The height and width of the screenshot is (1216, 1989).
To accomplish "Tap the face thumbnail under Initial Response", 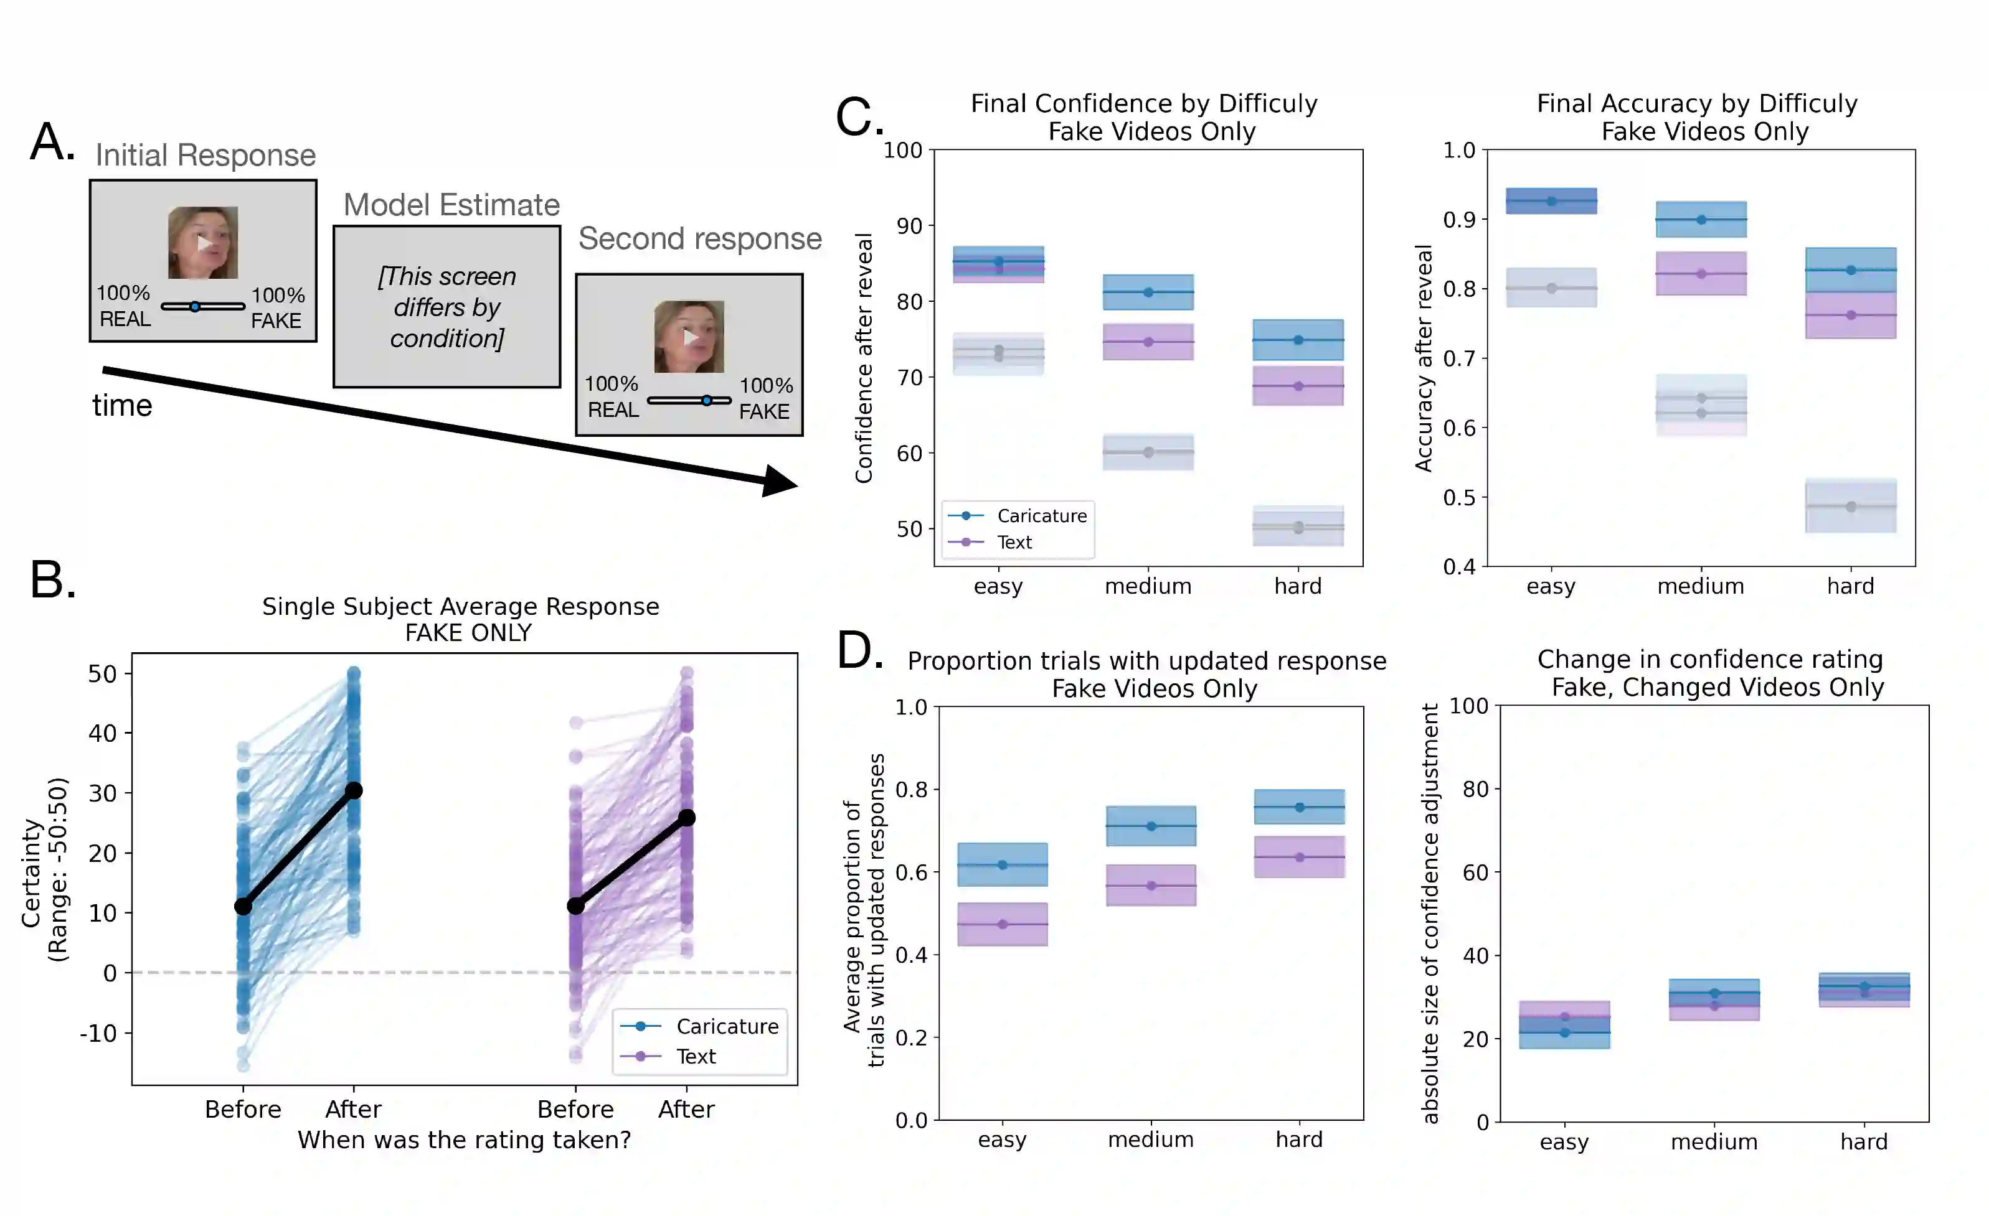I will point(202,242).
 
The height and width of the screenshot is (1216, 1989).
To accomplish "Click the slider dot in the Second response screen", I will point(706,400).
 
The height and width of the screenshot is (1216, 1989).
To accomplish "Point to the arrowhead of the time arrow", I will point(779,482).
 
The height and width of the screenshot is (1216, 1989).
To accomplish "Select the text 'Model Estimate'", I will point(451,205).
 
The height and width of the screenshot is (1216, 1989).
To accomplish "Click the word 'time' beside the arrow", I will point(122,405).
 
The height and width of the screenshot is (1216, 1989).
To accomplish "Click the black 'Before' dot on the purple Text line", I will point(575,906).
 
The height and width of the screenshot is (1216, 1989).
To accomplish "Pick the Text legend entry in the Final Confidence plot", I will point(1014,542).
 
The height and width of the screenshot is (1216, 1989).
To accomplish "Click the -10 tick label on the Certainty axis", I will point(98,1033).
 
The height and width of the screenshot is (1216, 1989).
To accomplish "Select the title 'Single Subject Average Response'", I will point(460,606).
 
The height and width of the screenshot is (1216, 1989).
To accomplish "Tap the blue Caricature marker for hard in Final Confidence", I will point(1298,340).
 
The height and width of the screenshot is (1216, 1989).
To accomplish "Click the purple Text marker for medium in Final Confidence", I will point(1148,342).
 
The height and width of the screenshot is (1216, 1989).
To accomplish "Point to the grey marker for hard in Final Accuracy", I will point(1851,507).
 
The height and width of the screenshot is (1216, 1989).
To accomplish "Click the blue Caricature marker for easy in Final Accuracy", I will point(1551,201).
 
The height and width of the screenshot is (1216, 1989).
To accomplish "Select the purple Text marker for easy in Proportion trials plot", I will point(1003,925).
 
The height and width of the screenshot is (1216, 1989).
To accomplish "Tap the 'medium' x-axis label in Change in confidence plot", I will point(1714,1142).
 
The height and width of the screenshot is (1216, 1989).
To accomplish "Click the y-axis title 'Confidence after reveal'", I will point(864,358).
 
